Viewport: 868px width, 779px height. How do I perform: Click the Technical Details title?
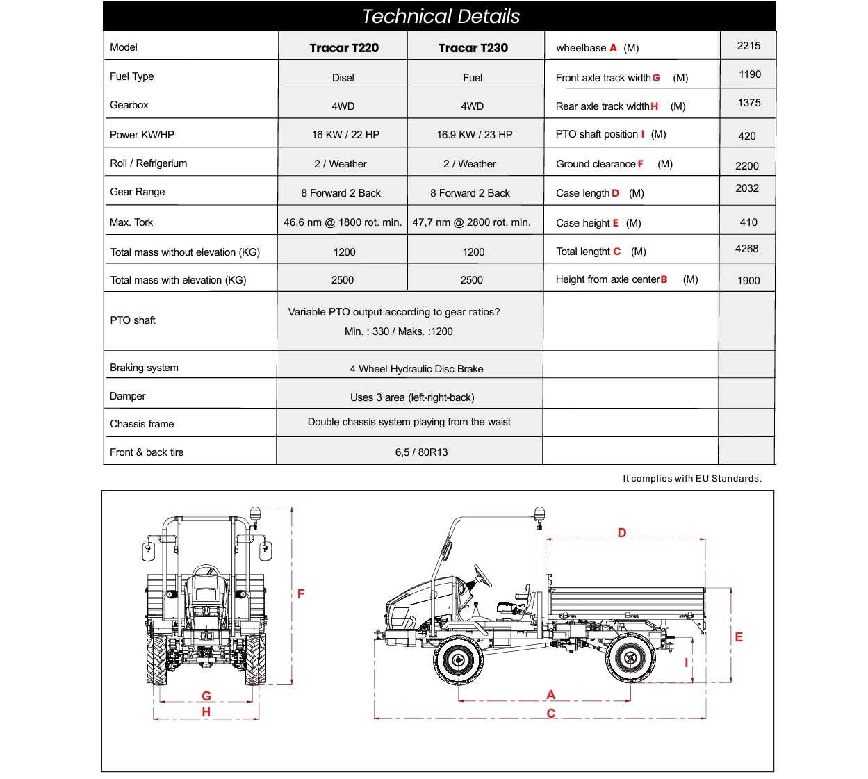click(x=441, y=17)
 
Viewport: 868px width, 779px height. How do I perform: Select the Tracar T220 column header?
click(x=344, y=48)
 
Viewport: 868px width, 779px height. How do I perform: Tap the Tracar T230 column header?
click(x=473, y=48)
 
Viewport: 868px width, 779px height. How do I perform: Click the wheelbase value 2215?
click(x=748, y=46)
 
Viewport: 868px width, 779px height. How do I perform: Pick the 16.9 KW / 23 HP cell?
click(x=474, y=135)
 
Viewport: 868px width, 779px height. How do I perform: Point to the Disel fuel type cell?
click(x=343, y=78)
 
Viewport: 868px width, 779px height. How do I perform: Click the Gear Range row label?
click(x=138, y=192)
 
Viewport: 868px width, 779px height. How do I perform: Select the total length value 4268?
click(x=746, y=249)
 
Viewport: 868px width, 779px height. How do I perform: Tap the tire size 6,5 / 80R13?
click(x=421, y=452)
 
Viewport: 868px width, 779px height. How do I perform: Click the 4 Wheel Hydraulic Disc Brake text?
click(x=416, y=369)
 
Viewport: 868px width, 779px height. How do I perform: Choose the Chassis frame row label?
click(x=142, y=424)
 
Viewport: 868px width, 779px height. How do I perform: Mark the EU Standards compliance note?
click(x=692, y=479)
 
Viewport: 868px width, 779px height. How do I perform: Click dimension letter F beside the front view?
click(x=301, y=593)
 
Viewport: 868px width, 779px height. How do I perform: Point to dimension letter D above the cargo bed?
click(x=622, y=532)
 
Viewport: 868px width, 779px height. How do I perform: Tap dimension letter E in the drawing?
click(x=739, y=637)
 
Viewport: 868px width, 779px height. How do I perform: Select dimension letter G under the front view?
click(x=206, y=696)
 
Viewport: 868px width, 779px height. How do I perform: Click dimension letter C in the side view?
click(x=551, y=714)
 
